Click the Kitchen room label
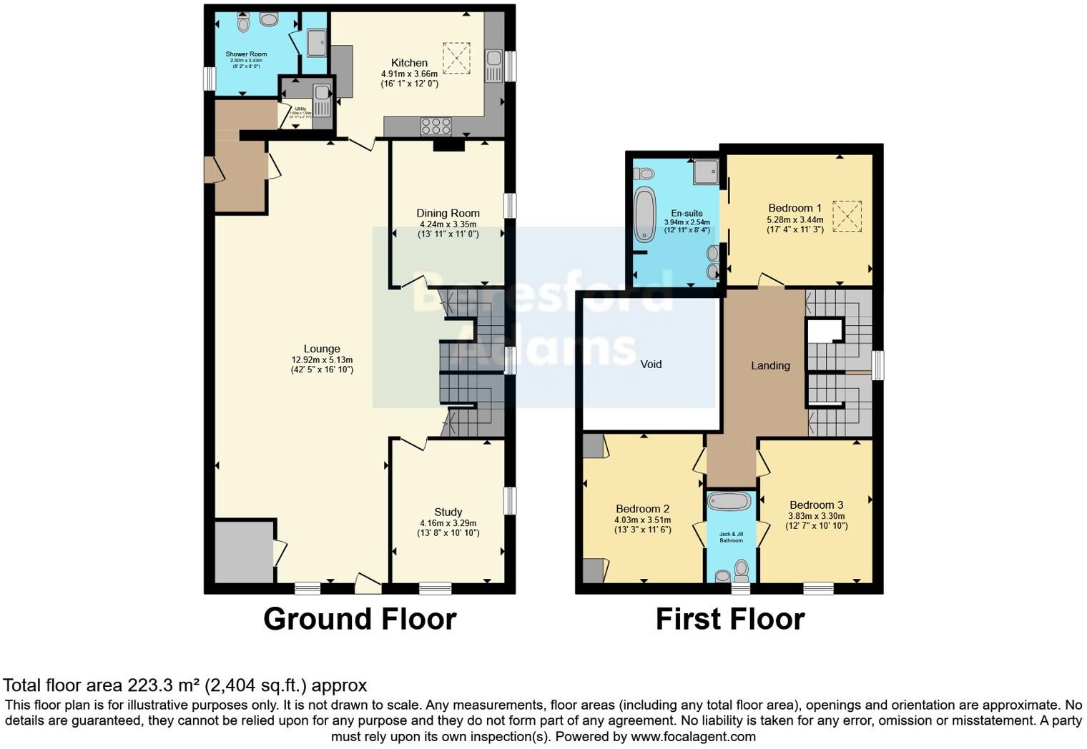(x=409, y=63)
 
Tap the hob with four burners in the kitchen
(x=436, y=127)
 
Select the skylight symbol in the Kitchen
(x=457, y=58)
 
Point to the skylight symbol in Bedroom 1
(x=847, y=216)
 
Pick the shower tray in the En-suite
(x=705, y=172)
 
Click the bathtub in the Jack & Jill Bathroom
(x=730, y=500)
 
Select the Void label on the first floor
(x=651, y=364)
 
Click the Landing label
(x=770, y=365)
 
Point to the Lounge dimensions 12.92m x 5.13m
(x=322, y=359)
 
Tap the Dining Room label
(x=448, y=213)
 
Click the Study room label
(x=448, y=512)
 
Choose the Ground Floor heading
(x=360, y=619)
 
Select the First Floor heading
(x=730, y=619)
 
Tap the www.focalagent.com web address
(x=692, y=736)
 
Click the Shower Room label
(x=246, y=54)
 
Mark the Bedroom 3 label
(x=816, y=505)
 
